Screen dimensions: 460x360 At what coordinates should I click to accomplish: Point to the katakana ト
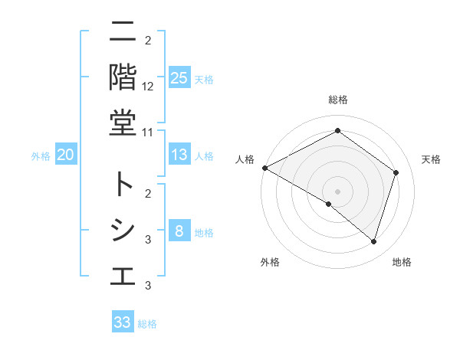click(123, 184)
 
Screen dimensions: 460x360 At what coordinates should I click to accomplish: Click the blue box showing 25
click(179, 77)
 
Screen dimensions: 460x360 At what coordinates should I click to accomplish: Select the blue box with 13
click(179, 155)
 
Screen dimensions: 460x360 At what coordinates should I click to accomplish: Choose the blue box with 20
click(66, 155)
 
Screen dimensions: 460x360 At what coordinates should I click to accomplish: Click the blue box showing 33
click(123, 322)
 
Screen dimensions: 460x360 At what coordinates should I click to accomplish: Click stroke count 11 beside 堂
click(148, 132)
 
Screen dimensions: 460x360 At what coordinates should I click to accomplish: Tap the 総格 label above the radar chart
click(337, 100)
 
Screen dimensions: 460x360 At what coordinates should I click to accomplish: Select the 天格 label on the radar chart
click(431, 159)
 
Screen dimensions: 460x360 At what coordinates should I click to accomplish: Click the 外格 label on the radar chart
click(270, 262)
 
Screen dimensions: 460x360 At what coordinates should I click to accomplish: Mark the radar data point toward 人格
click(264, 168)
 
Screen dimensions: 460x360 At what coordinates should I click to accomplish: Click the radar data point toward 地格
click(373, 241)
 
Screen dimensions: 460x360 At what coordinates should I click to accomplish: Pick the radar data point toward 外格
click(329, 204)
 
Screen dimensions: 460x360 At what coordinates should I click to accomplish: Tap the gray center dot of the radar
click(337, 191)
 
